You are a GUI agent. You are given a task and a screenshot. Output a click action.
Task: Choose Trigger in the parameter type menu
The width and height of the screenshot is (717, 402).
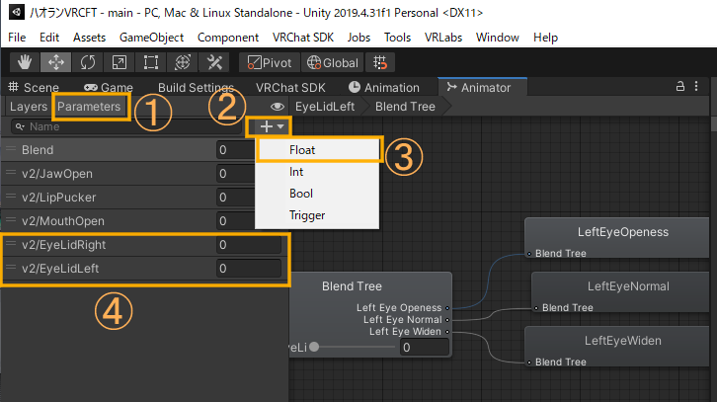point(307,214)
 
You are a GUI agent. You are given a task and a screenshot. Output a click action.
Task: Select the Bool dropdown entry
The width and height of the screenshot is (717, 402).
point(301,193)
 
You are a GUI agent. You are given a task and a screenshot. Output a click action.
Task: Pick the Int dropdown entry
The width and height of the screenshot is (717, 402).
point(296,172)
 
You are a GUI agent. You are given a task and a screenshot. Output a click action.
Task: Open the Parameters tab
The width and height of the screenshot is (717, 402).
point(89,106)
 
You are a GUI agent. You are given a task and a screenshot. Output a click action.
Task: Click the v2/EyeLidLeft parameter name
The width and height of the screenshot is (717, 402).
point(60,268)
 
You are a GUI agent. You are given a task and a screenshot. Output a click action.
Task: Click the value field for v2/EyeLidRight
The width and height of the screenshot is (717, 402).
point(250,244)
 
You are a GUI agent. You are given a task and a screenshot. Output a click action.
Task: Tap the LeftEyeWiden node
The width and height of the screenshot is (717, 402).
point(622,341)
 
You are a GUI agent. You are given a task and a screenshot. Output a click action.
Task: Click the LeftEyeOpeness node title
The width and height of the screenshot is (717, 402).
point(622,232)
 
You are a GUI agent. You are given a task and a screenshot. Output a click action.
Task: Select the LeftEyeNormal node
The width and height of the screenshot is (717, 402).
point(628,286)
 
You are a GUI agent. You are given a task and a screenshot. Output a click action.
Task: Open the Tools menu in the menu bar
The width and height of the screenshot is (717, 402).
point(398,37)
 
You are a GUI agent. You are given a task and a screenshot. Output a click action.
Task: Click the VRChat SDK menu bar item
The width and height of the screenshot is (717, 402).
point(302,37)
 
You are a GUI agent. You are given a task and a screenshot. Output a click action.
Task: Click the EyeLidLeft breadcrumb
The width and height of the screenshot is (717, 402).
point(325,106)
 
